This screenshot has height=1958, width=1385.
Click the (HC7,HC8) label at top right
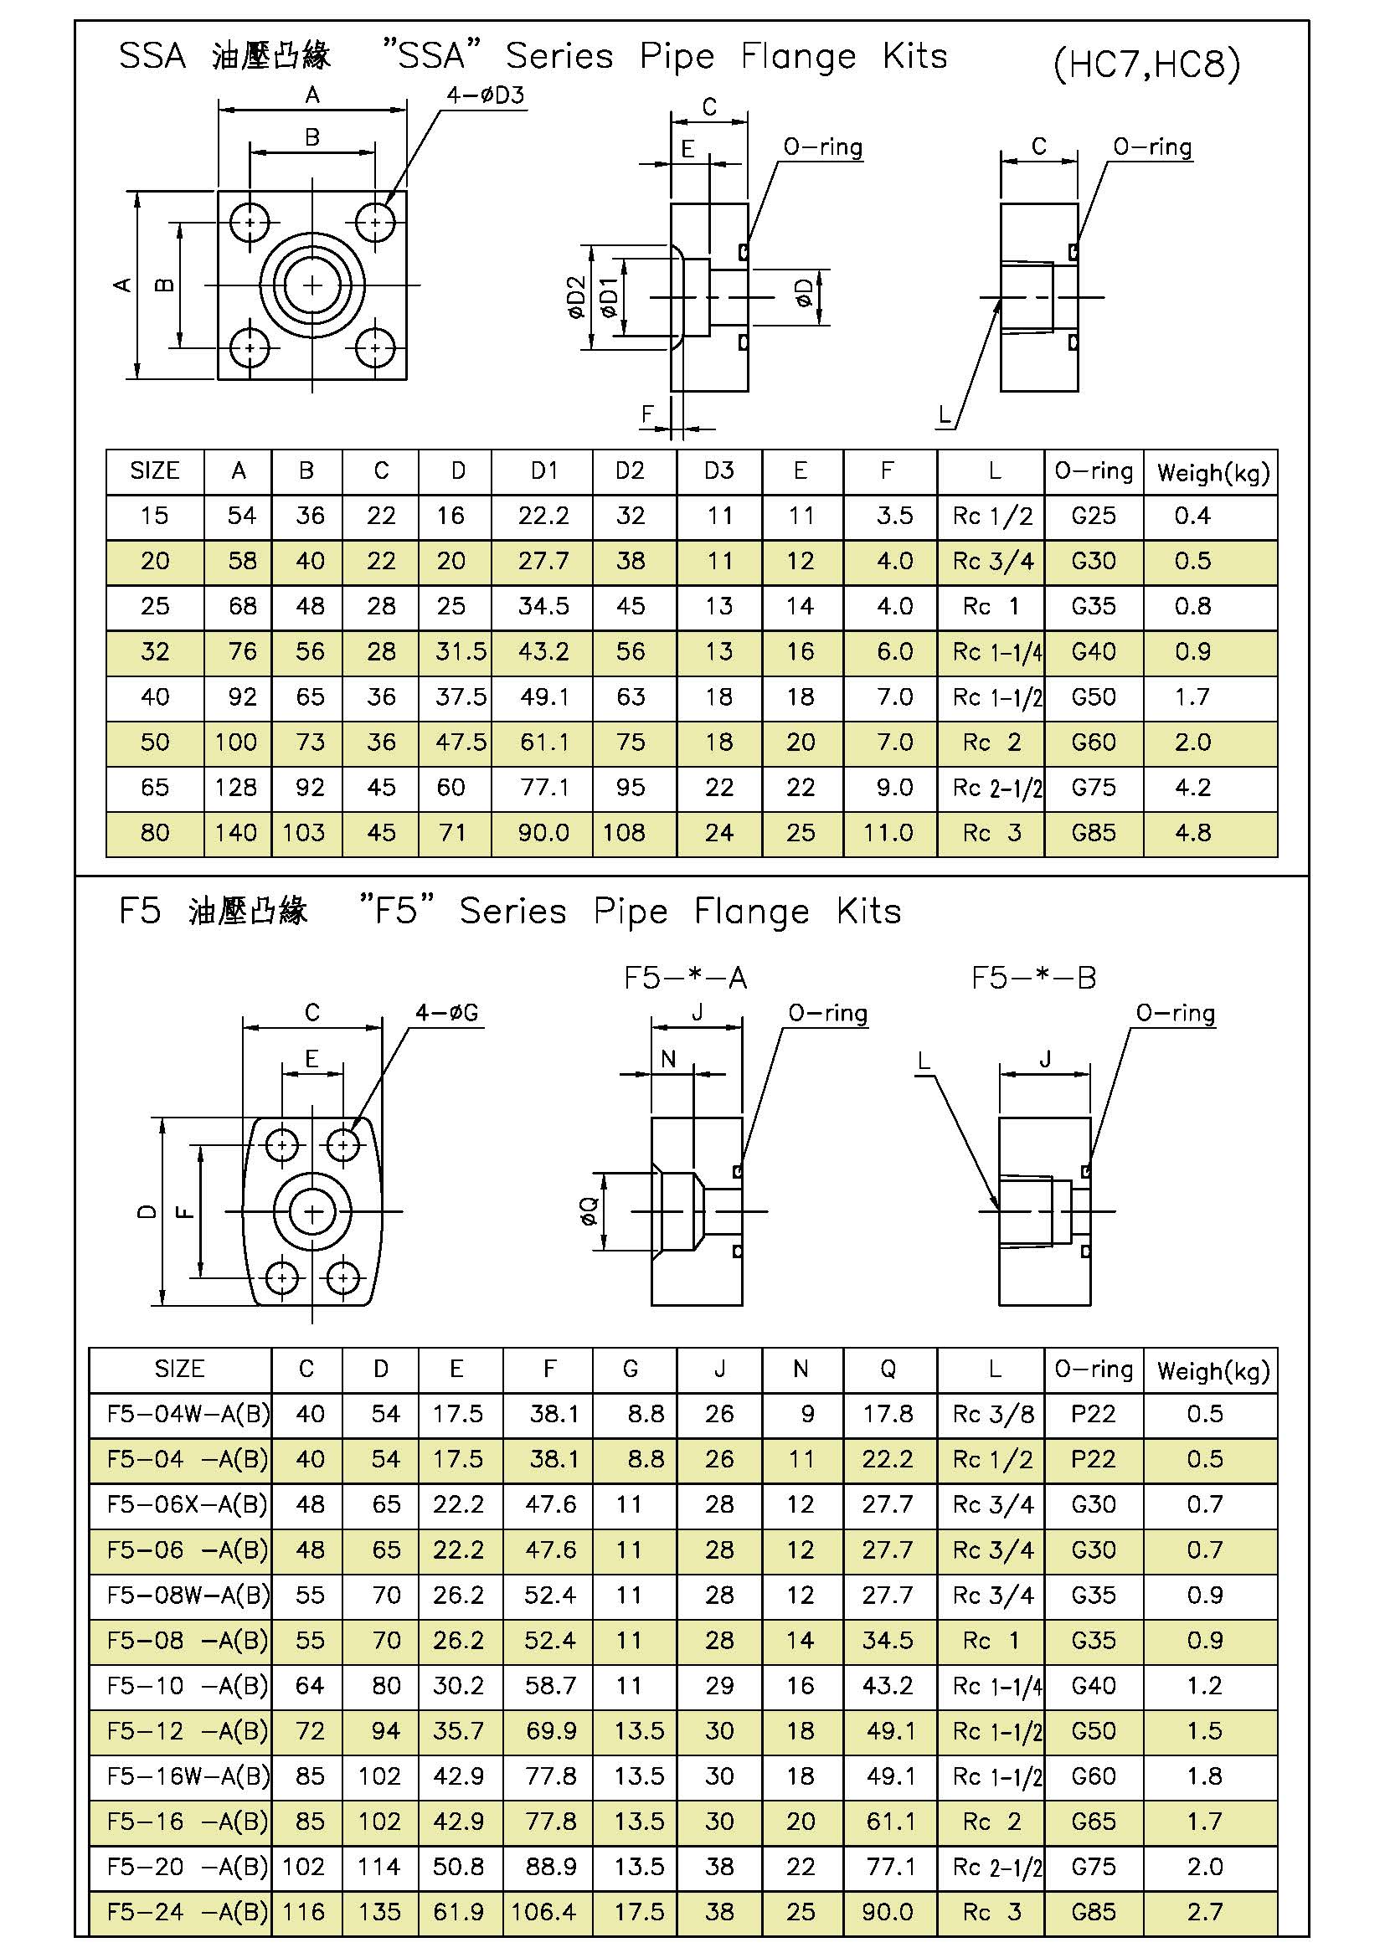point(1146,64)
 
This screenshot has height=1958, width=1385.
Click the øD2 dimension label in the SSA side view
point(576,298)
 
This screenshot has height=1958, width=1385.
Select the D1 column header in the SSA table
point(543,470)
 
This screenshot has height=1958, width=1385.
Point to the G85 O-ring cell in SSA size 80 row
point(1094,832)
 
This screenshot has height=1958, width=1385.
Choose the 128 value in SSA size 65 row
point(235,787)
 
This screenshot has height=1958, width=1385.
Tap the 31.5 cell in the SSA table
point(461,651)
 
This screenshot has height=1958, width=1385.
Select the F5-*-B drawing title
point(1032,977)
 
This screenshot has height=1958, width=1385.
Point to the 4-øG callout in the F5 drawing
point(447,1013)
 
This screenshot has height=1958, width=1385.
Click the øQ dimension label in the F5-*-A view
point(590,1211)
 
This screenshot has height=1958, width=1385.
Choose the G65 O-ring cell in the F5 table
point(1094,1822)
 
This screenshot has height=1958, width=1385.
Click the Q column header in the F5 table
point(888,1369)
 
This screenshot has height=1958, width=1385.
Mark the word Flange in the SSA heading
point(797,57)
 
